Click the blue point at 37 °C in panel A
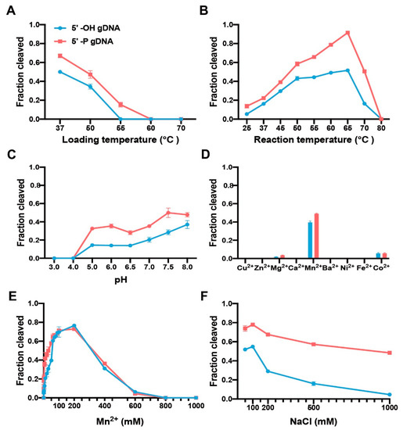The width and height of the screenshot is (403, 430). tap(60, 72)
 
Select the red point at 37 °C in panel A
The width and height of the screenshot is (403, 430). tap(60, 56)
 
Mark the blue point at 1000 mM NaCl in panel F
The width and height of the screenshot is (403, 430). tap(390, 394)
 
